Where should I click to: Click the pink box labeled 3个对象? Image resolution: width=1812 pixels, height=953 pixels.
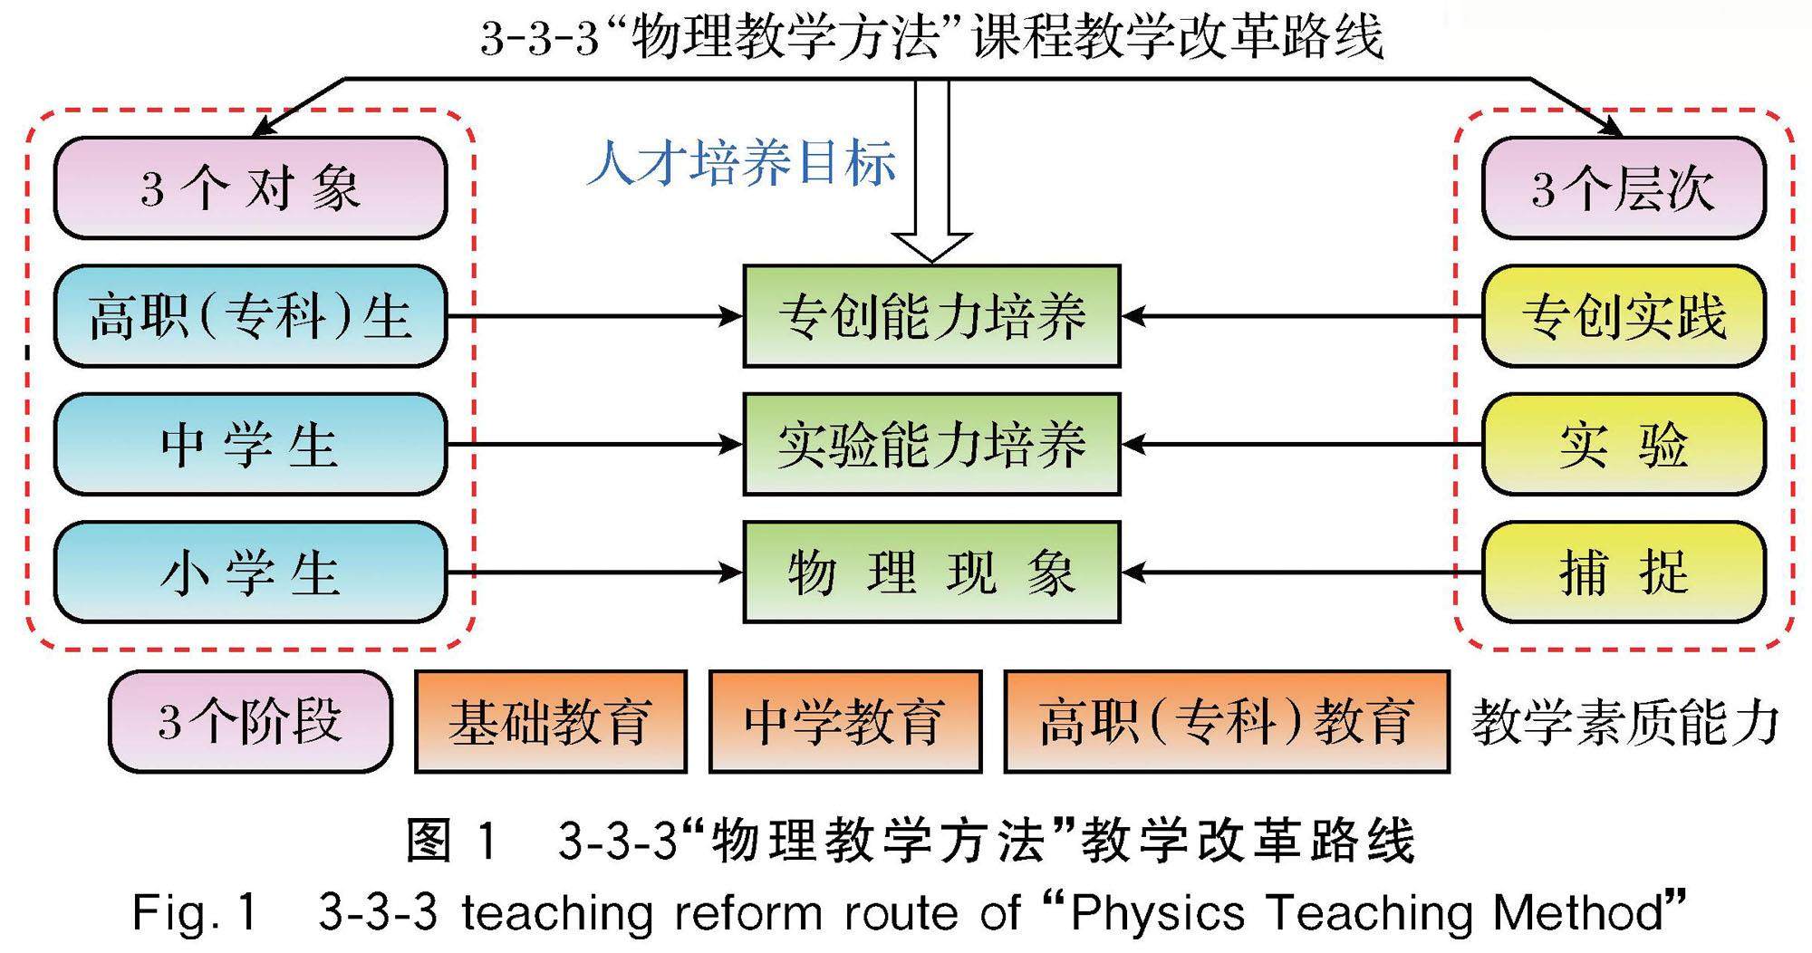250,188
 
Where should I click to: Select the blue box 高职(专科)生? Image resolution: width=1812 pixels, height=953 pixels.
250,316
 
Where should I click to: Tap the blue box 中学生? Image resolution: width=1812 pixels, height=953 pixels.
250,445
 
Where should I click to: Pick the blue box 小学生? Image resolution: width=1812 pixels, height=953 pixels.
250,573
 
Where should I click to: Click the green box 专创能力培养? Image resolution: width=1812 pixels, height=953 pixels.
931,316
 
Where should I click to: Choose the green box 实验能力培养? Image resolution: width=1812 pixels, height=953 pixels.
931,445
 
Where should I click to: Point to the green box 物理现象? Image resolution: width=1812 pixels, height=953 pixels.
931,573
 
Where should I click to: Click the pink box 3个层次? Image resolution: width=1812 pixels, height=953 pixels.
1624,188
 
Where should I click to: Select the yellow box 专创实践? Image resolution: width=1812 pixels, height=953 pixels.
1624,316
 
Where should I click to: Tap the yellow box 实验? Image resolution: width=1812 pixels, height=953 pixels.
1624,445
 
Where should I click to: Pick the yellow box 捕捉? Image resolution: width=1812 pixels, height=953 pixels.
1624,573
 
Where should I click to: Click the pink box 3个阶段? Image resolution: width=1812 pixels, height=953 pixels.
250,722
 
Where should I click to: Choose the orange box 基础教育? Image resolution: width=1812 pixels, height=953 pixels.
550,722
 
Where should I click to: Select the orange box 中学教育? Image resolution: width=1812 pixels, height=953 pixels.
844,722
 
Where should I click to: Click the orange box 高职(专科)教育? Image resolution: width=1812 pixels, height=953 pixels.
1227,722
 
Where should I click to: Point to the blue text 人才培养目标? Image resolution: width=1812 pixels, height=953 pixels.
741,164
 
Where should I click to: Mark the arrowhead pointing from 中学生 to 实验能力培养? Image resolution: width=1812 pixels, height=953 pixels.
730,445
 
